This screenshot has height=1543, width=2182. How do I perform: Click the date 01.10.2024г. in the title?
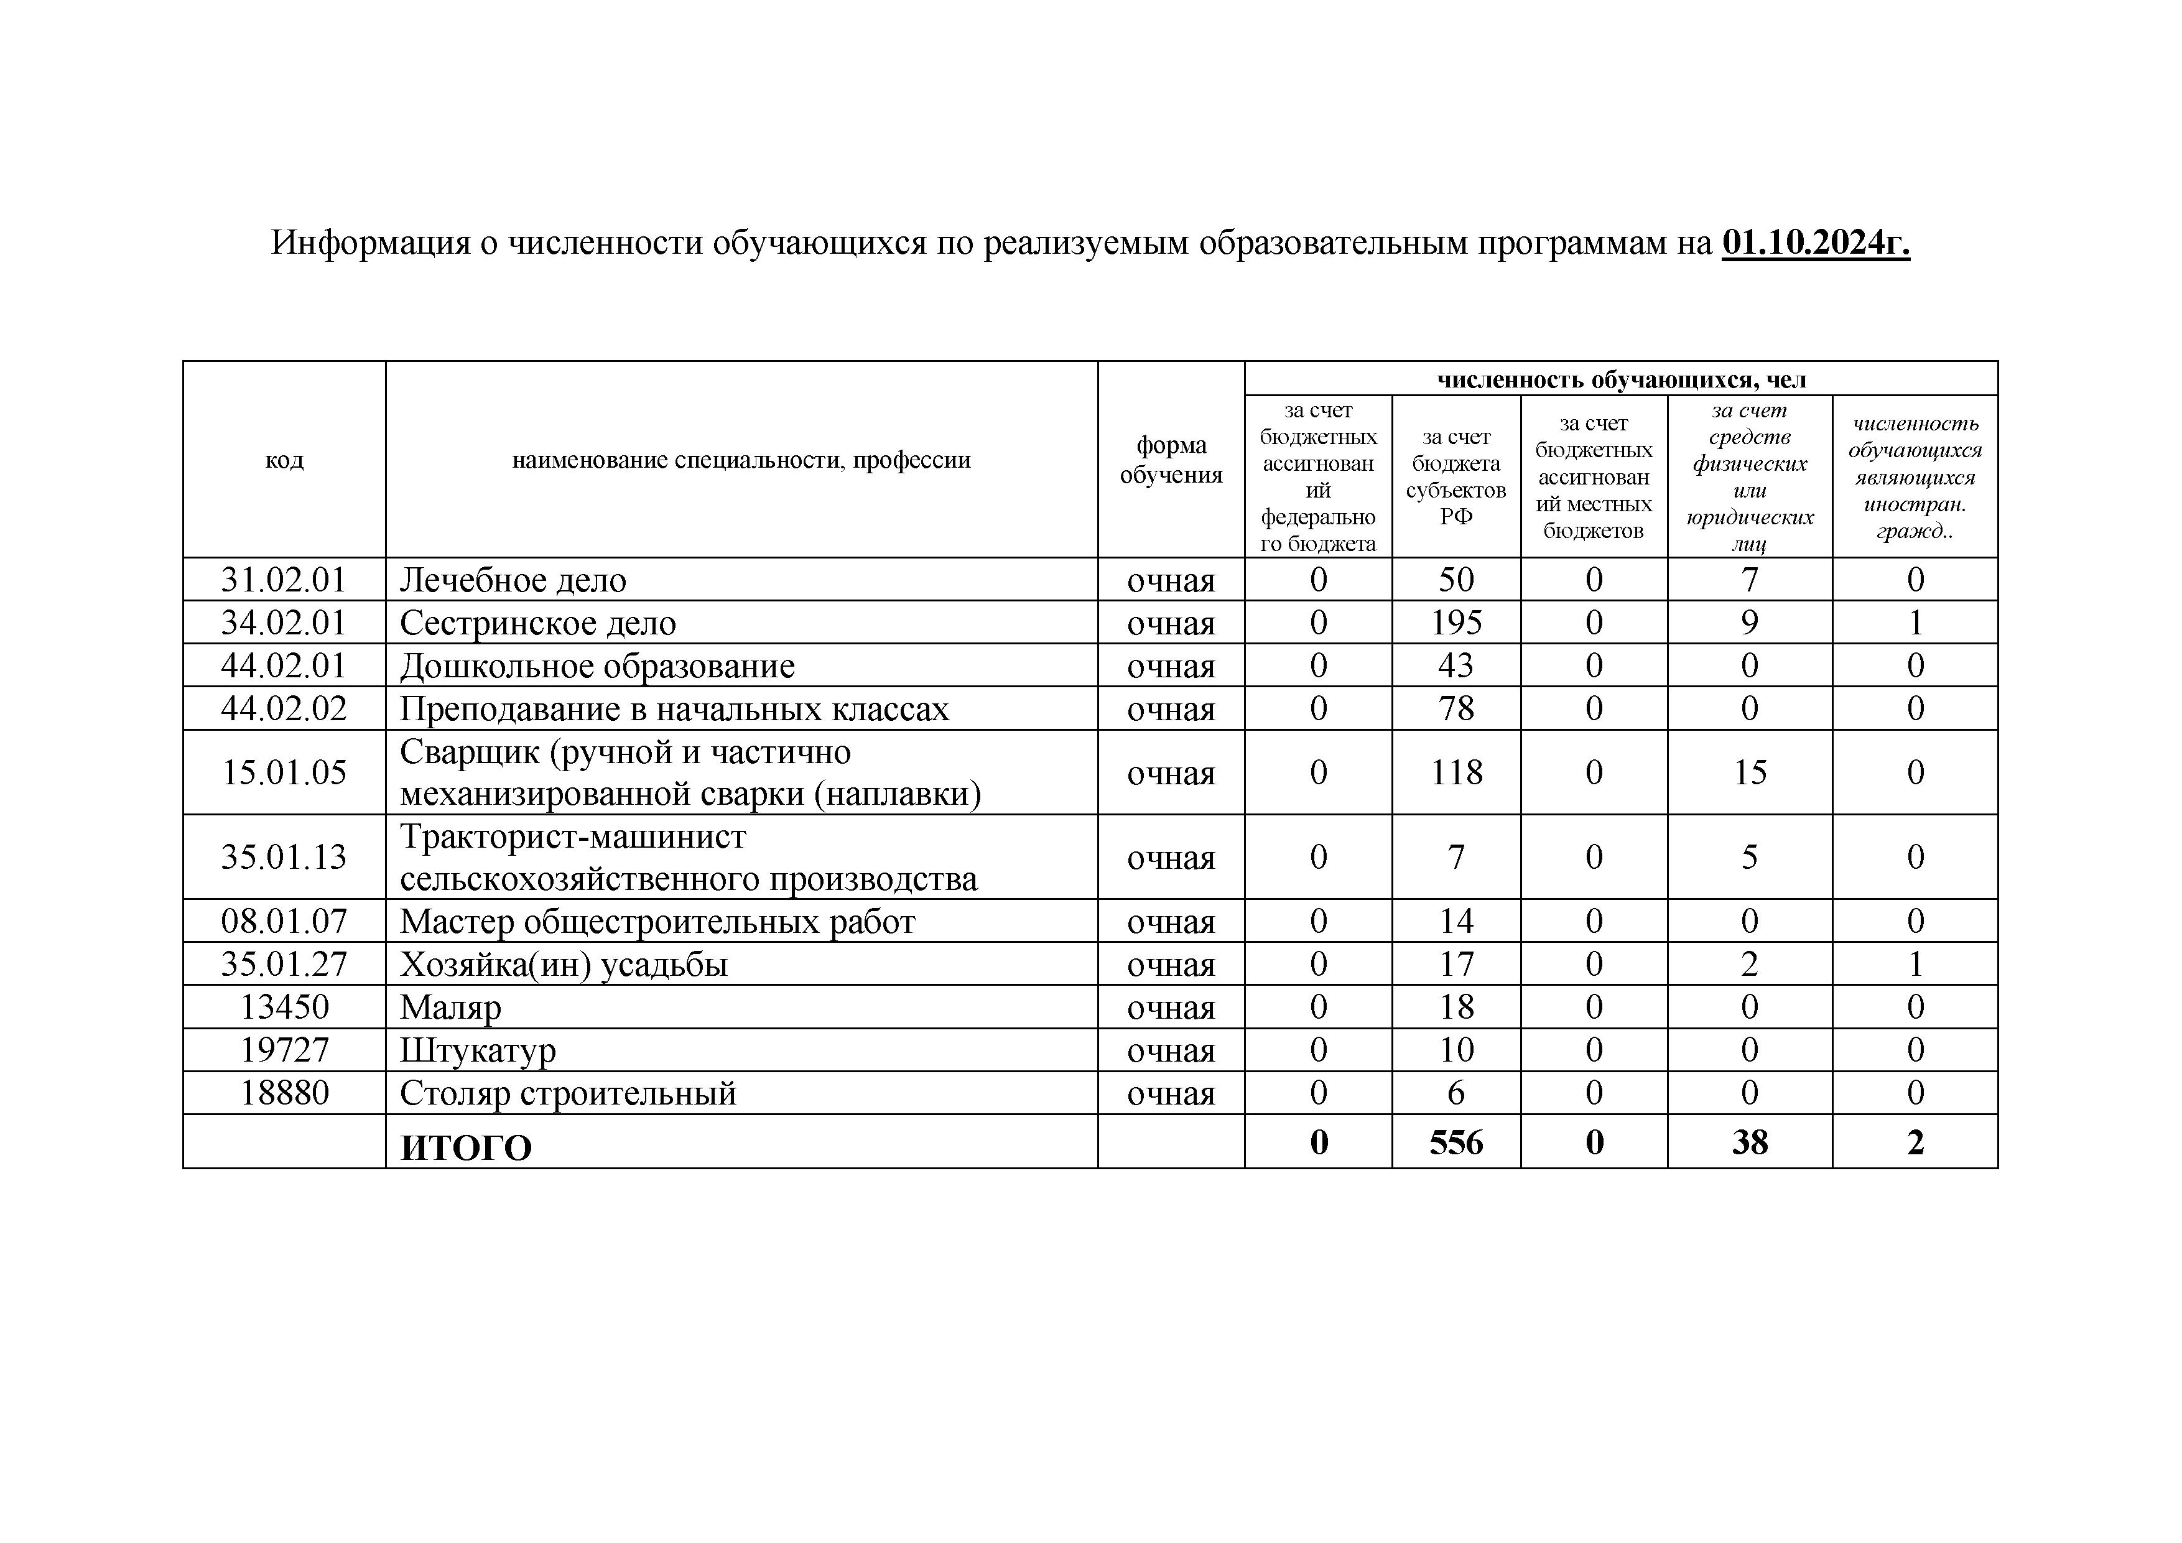(x=1815, y=243)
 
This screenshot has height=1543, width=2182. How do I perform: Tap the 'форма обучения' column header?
(x=1171, y=460)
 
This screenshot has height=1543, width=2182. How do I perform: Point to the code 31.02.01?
(x=284, y=580)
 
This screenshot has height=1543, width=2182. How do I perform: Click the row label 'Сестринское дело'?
(x=538, y=623)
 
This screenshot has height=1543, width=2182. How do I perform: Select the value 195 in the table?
(x=1456, y=623)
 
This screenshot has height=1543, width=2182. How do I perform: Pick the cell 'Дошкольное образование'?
(x=597, y=666)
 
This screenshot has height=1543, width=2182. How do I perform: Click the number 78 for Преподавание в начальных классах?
(x=1456, y=709)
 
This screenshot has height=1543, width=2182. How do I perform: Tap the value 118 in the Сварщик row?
(x=1456, y=772)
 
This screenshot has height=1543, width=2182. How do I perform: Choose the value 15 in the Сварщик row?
(x=1750, y=772)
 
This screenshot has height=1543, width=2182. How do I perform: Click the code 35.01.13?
(x=284, y=857)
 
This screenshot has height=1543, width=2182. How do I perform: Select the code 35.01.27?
(x=284, y=965)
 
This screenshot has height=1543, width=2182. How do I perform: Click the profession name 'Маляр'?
(x=450, y=1007)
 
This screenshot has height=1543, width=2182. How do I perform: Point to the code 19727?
(x=284, y=1050)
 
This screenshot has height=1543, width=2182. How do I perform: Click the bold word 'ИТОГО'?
(x=466, y=1147)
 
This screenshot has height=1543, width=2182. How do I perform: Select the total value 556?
(x=1456, y=1142)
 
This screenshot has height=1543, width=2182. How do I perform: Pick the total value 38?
(x=1750, y=1142)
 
